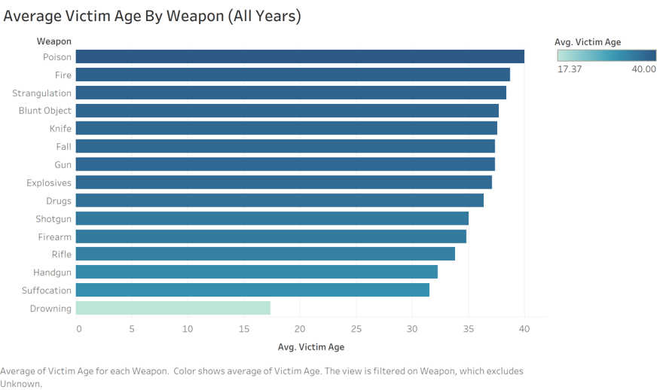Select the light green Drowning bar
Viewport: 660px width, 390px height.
[x=173, y=308]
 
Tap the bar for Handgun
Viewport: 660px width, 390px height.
[x=256, y=272]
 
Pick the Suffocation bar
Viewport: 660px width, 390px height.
[x=252, y=290]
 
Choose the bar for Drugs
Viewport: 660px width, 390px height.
[x=280, y=200]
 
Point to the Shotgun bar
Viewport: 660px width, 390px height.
[x=272, y=218]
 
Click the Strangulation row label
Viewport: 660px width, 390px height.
[x=42, y=93]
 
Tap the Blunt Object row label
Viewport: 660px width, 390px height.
[x=45, y=111]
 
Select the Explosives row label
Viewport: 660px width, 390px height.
[x=49, y=182]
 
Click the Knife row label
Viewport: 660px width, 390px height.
[x=60, y=128]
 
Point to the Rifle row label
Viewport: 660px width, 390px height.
[x=62, y=254]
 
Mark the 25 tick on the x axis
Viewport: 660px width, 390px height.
[x=356, y=328]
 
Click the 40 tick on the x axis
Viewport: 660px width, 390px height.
[x=524, y=328]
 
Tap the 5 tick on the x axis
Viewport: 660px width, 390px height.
[x=132, y=328]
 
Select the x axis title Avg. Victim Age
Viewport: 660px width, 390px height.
[x=310, y=347]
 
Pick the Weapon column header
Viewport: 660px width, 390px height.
[x=54, y=41]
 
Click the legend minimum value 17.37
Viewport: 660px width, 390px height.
[x=569, y=69]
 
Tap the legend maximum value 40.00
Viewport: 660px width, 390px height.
[x=643, y=69]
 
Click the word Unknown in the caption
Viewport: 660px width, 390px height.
[x=21, y=383]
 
